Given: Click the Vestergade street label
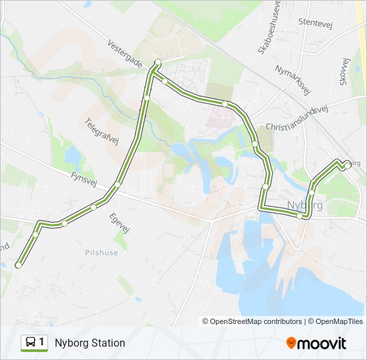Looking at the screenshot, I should [x=125, y=53].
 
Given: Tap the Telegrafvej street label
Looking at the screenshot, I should [x=101, y=131].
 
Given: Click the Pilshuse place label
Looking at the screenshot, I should [x=101, y=253].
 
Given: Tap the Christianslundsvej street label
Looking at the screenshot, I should [x=297, y=119].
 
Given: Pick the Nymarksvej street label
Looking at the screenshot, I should [x=293, y=79].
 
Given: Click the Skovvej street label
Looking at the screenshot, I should [x=344, y=71].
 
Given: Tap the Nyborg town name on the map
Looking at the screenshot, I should [x=304, y=205].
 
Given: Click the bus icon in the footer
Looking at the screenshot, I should [x=31, y=343].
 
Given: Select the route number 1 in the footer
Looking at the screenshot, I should [x=42, y=343].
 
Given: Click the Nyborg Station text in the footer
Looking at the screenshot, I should [x=90, y=343].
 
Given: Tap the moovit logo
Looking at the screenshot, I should [x=316, y=343].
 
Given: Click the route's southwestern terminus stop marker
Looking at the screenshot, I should [x=18, y=265].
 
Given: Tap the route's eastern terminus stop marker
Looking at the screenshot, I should [x=346, y=165].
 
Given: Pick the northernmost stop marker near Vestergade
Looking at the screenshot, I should [x=157, y=63].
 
